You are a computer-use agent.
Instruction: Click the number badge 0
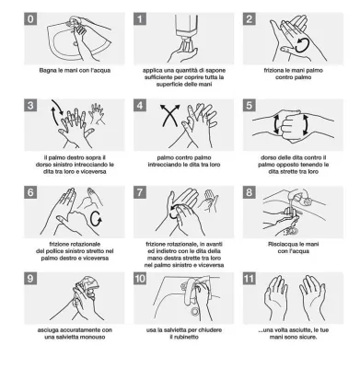tap(30, 19)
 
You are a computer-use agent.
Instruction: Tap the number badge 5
tap(250, 106)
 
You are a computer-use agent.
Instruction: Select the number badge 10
tap(140, 279)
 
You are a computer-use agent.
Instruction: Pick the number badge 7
tap(140, 192)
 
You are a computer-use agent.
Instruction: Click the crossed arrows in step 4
tap(170, 115)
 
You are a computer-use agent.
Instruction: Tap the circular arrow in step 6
tap(97, 218)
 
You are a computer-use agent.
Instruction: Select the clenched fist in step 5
tap(291, 124)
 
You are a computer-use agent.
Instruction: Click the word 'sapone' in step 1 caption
tap(215, 71)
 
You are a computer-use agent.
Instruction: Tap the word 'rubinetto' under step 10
tap(184, 337)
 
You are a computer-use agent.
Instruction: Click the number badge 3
tap(30, 106)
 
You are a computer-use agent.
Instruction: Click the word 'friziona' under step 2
tap(275, 71)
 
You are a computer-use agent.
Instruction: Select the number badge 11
tap(250, 279)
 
